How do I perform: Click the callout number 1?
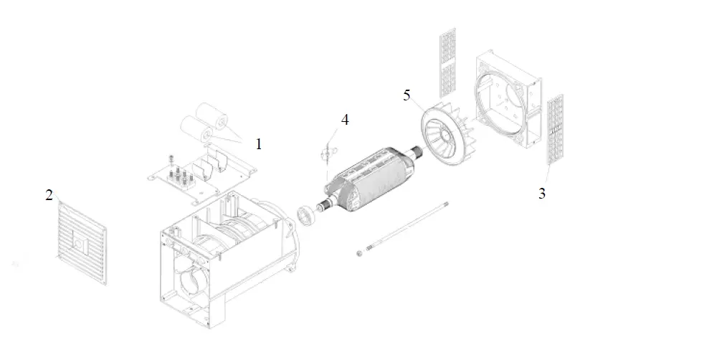pyautogui.click(x=258, y=144)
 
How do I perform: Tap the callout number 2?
pyautogui.click(x=49, y=195)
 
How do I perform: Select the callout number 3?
pyautogui.click(x=542, y=193)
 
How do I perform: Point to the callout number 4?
pyautogui.click(x=345, y=120)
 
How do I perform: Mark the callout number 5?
pyautogui.click(x=407, y=95)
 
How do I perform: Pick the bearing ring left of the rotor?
pyautogui.click(x=306, y=214)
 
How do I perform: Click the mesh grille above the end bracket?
pyautogui.click(x=447, y=63)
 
